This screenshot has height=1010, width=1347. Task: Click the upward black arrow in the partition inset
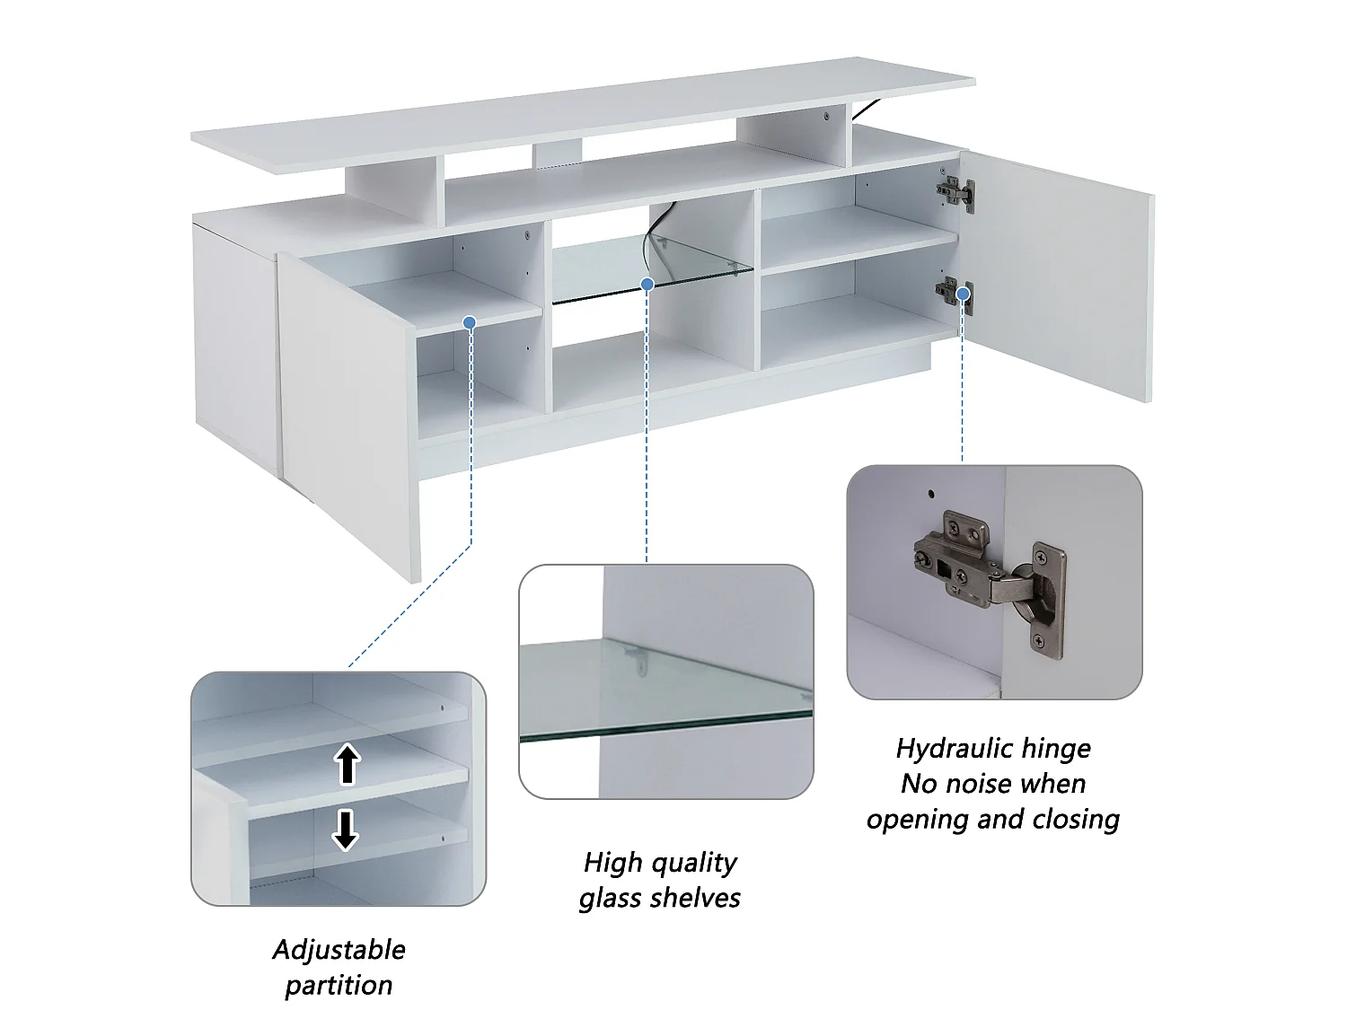click(x=348, y=764)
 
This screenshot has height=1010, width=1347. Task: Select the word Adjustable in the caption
click(x=339, y=951)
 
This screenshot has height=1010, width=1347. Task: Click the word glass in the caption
click(x=610, y=899)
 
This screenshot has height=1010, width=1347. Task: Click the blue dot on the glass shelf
click(x=647, y=284)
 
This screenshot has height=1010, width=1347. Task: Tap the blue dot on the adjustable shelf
click(x=470, y=322)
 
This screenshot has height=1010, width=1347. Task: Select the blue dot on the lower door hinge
click(x=963, y=294)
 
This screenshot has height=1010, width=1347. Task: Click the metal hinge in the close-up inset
click(x=989, y=583)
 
